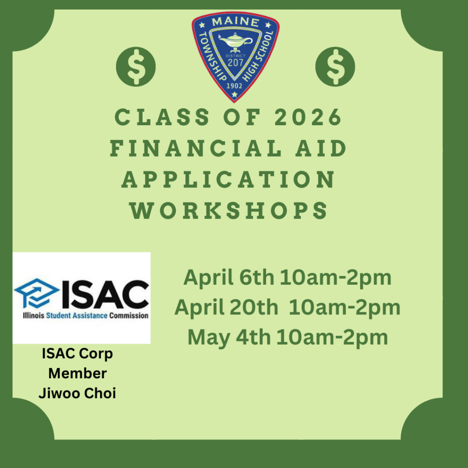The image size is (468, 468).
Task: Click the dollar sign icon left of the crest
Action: click(136, 67)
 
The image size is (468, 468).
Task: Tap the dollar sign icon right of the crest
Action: click(335, 67)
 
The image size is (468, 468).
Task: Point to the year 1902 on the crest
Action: click(235, 85)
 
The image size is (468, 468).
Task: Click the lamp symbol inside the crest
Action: click(235, 43)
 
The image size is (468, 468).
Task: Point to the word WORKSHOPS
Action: click(229, 211)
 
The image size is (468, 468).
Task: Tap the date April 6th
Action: click(229, 277)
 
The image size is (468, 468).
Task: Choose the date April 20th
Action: click(226, 308)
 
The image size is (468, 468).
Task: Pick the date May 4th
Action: click(229, 337)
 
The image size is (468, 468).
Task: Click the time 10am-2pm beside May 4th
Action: click(332, 337)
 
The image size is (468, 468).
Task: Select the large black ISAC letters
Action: click(105, 295)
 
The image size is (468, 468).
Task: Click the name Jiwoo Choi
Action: click(77, 393)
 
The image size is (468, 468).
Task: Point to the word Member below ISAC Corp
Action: click(77, 373)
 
